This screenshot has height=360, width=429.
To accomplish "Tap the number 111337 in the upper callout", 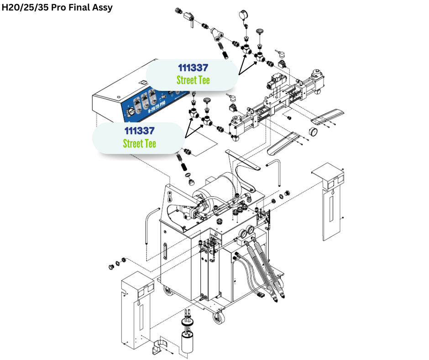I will click(193, 68).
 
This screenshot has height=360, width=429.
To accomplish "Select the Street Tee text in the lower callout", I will click(139, 143).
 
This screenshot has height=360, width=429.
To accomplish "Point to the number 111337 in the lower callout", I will click(139, 131).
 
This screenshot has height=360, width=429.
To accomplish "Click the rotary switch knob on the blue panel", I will click(131, 111).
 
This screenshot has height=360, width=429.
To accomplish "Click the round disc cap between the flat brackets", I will click(314, 132).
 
